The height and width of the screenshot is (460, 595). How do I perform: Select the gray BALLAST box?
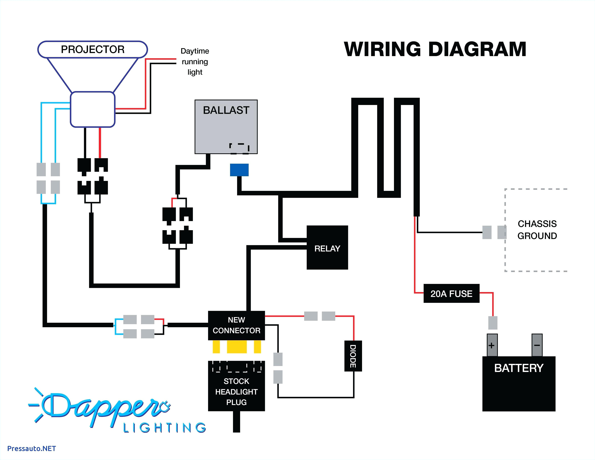pos(226,127)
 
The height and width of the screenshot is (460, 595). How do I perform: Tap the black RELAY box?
pos(327,247)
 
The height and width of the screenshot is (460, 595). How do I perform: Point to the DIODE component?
pos(353,356)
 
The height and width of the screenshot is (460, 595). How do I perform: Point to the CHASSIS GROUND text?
pos(537,229)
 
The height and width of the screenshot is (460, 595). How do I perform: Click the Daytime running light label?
pos(195,62)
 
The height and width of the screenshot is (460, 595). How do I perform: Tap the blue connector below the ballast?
pos(239,170)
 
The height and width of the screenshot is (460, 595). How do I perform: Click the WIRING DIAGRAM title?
pos(435,49)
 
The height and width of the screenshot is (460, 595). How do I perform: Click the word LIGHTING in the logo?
pos(165,428)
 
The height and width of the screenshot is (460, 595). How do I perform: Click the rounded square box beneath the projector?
pos(93,109)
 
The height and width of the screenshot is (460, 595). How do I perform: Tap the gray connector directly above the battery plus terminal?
pos(493,323)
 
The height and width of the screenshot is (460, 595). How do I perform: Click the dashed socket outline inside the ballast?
pos(239,148)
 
